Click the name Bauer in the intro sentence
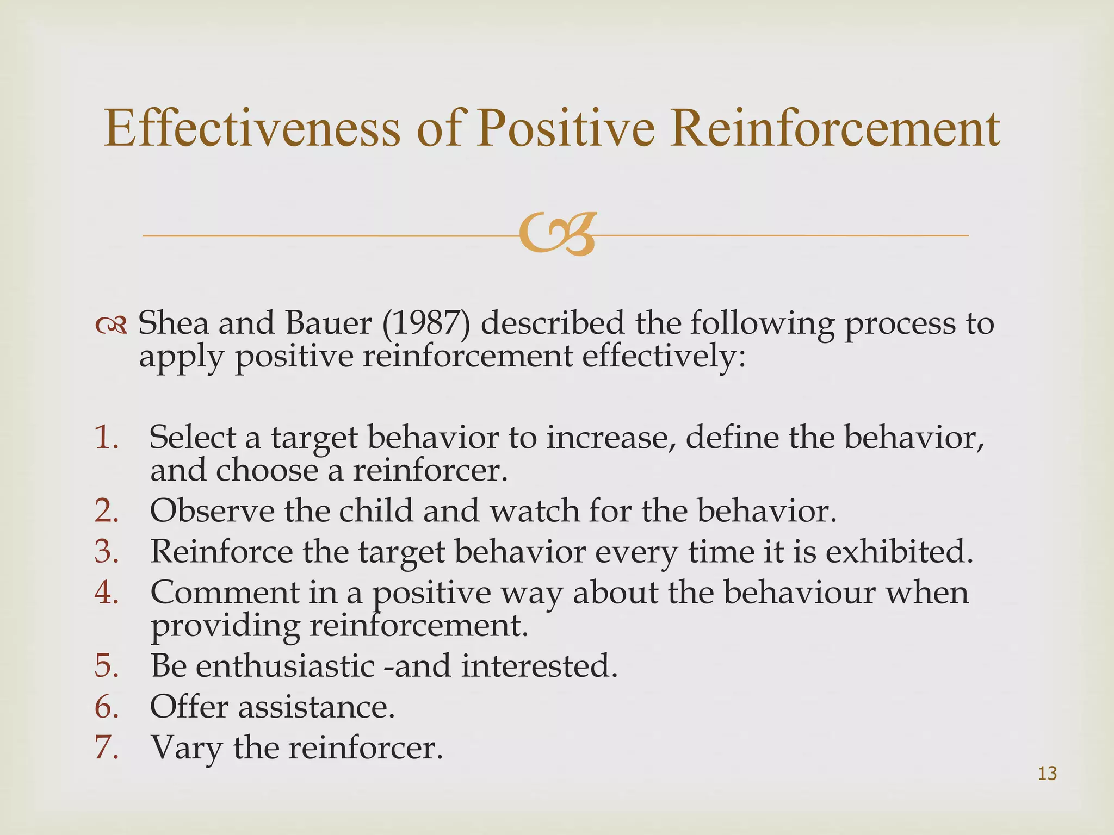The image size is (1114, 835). coord(328,323)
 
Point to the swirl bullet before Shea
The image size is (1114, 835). coord(111,326)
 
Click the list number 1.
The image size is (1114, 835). coord(106,437)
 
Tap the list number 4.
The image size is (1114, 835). coord(106,592)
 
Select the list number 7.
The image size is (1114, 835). coord(106,747)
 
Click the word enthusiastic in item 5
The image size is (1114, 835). coord(285,665)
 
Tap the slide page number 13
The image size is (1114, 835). coord(1047,773)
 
